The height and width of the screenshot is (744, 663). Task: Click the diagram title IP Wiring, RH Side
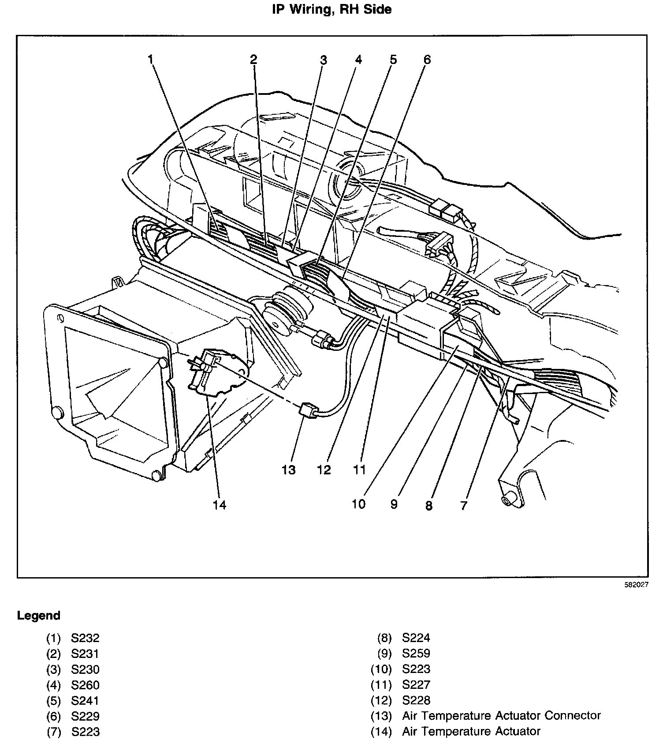pos(331,9)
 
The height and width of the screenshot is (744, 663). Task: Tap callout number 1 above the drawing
pos(151,59)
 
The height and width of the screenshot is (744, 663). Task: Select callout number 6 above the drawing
pos(427,59)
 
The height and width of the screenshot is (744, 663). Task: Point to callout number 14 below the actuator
pos(219,504)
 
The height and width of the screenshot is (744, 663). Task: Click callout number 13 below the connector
pos(289,470)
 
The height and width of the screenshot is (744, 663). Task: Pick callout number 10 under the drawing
pos(359,504)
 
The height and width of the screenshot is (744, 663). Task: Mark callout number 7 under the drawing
pos(463,505)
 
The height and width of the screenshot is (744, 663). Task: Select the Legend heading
pos(38,616)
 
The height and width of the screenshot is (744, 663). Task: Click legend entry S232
pos(86,638)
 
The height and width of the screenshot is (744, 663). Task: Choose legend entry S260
pos(86,685)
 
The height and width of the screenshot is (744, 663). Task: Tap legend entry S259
pos(416,653)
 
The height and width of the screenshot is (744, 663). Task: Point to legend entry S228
pos(416,700)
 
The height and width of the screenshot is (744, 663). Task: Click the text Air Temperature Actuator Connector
pos(501,715)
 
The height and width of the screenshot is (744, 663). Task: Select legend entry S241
pos(86,701)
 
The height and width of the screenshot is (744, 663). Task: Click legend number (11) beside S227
pos(381,685)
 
